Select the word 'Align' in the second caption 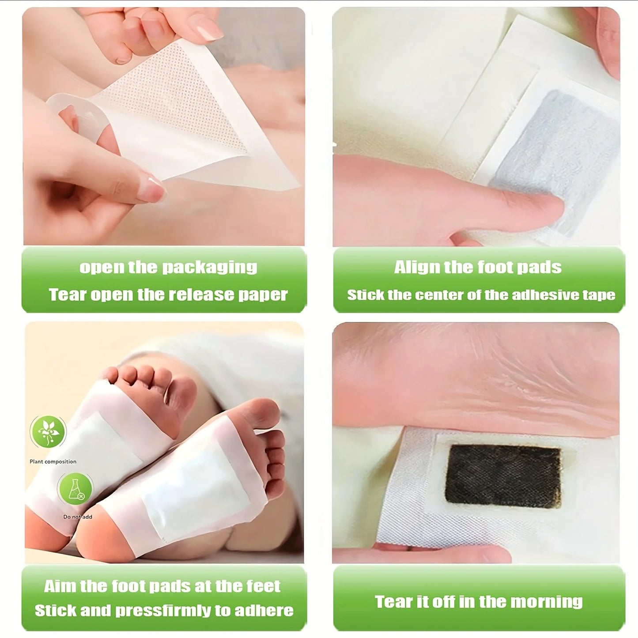412,267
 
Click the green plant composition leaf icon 48,431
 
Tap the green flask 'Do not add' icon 76,489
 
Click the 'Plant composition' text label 53,461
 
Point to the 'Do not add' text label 78,517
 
